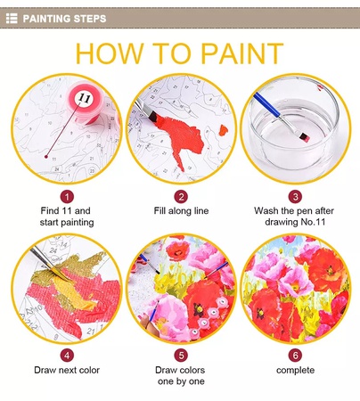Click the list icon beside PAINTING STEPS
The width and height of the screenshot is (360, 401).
tap(12, 19)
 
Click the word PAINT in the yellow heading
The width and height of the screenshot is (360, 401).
tap(242, 53)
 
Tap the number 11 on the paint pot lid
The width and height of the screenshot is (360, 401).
tap(84, 97)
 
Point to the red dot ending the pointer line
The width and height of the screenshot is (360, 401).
tap(46, 157)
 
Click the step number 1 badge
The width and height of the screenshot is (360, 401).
tap(67, 197)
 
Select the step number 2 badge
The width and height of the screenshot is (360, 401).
tap(181, 197)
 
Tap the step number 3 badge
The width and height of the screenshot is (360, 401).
tap(295, 197)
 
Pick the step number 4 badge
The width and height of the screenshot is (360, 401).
tap(67, 356)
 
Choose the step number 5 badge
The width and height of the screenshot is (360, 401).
tap(181, 356)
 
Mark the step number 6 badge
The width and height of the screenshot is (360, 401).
tap(295, 356)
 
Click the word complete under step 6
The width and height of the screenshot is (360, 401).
tap(295, 371)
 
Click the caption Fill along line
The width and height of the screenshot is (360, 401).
tap(181, 211)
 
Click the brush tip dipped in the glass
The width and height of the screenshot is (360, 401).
tap(305, 137)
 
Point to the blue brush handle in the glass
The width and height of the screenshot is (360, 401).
tap(266, 104)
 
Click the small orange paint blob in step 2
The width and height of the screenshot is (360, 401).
tap(224, 130)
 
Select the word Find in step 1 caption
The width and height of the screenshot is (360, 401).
tap(50, 211)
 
